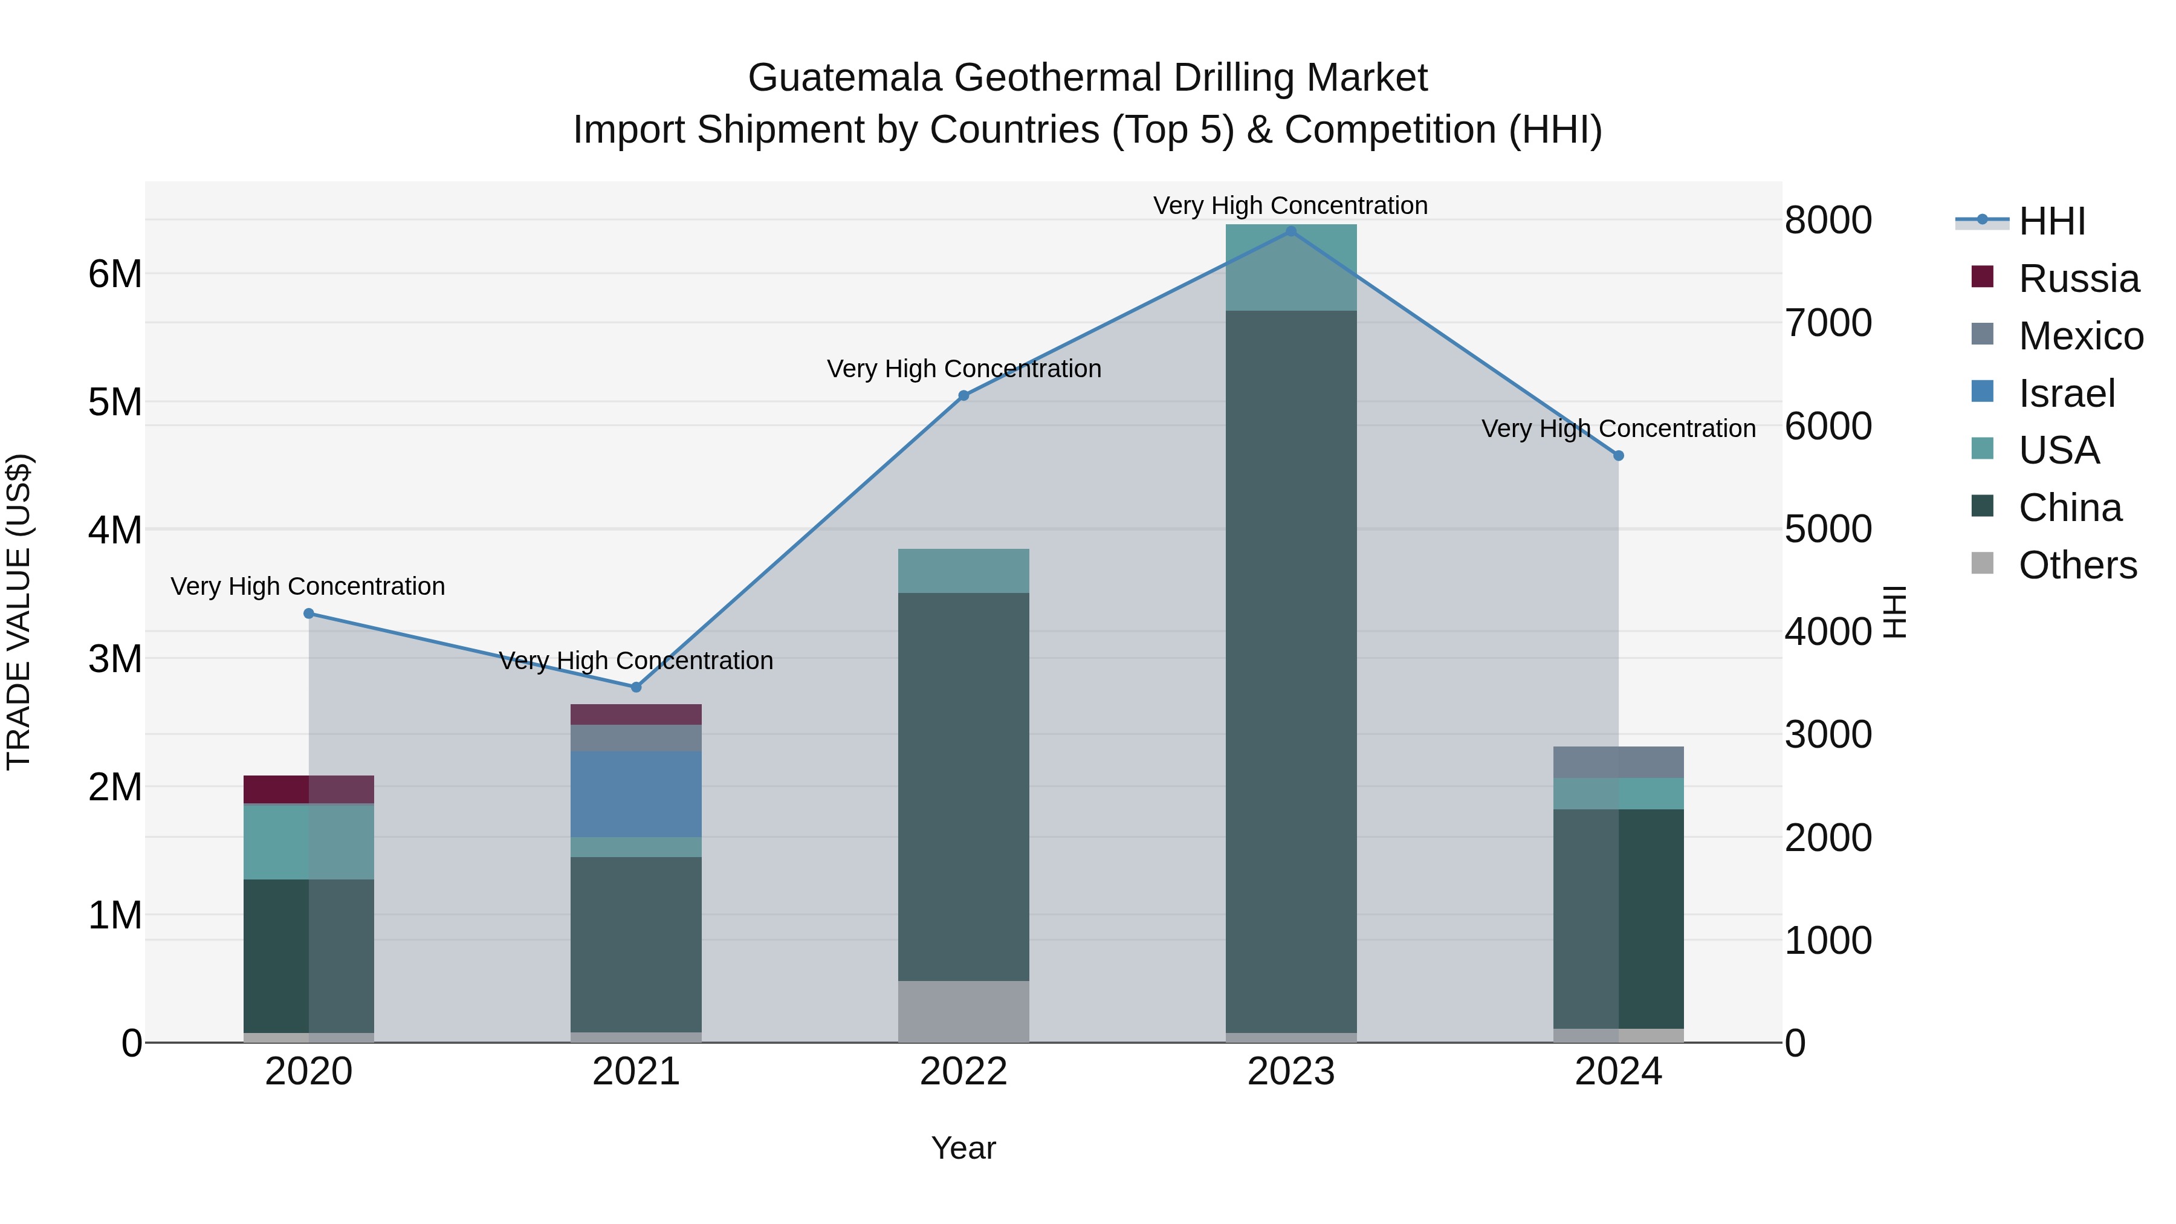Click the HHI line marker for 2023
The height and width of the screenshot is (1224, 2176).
click(1290, 232)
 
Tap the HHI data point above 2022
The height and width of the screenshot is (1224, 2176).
click(963, 395)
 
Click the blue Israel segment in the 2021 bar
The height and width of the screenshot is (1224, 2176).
click(636, 794)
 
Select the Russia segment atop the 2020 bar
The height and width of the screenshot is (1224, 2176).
click(308, 789)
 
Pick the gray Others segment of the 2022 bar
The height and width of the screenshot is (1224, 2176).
click(963, 1011)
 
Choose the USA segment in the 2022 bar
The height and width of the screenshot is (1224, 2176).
click(963, 571)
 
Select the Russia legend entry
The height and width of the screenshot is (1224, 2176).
click(2078, 279)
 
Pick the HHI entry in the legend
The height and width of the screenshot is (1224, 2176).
click(2051, 221)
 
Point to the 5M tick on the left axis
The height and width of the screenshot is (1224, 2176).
click(115, 402)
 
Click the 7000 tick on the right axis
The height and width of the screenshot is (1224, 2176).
click(1828, 323)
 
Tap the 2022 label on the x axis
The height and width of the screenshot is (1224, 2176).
click(963, 1072)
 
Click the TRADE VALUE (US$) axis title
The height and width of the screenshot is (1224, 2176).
click(19, 612)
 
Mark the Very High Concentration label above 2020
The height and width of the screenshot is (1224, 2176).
click(308, 586)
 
